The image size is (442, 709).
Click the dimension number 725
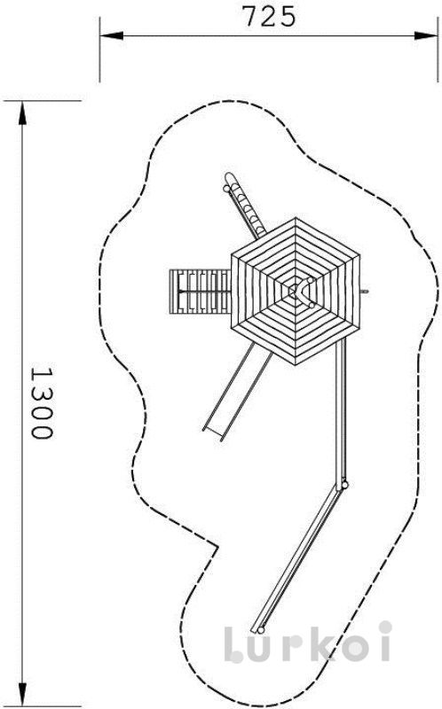pos(269,17)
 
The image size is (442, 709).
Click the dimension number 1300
pos(42,403)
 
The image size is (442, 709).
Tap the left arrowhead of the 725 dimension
pos(111,35)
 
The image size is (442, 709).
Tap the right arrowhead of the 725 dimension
pos(426,35)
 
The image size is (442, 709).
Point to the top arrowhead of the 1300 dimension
pos(21,113)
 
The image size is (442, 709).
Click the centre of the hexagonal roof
pos(296,292)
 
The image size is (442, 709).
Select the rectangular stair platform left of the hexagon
pos(201,292)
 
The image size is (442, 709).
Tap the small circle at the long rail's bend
pos(345,486)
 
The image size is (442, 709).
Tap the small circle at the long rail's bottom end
pos(260,630)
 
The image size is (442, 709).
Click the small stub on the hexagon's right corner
pos(365,292)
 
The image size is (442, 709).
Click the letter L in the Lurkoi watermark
pos(234,644)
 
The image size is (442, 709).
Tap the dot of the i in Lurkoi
pos(385,627)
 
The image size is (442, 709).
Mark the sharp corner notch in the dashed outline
pos(217,548)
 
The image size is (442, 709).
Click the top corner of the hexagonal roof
pos(296,218)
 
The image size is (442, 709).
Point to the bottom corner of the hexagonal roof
pos(296,365)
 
